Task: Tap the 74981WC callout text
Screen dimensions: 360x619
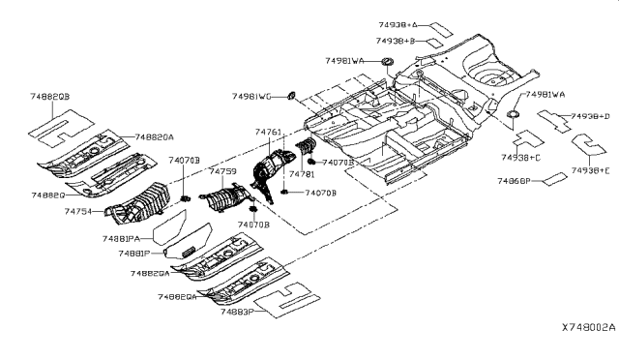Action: click(251, 97)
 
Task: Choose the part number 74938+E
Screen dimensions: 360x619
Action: click(591, 171)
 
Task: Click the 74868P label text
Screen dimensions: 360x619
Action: click(515, 181)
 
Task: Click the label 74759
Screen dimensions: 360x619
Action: click(222, 172)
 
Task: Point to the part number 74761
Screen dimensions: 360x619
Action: click(269, 132)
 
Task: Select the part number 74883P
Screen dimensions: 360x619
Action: click(237, 312)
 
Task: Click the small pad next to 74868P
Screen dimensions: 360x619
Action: click(552, 179)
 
